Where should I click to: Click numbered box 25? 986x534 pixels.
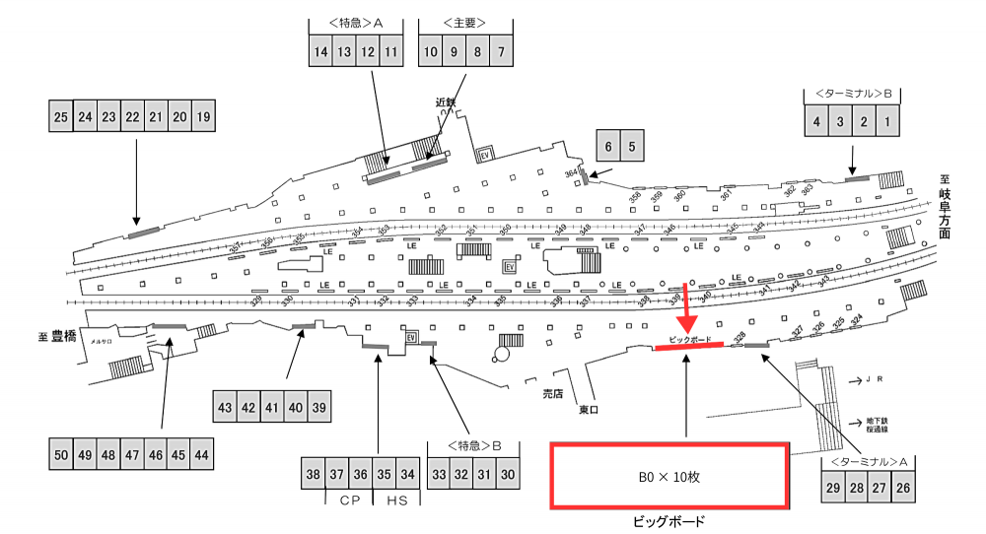pyautogui.click(x=61, y=117)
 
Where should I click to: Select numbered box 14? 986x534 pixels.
pyautogui.click(x=320, y=52)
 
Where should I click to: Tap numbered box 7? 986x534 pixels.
pyautogui.click(x=501, y=52)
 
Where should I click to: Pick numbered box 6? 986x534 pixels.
pyautogui.click(x=607, y=147)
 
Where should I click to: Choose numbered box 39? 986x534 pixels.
pyautogui.click(x=317, y=407)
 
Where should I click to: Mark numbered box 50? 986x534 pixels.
pyautogui.click(x=61, y=454)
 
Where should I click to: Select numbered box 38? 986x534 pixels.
pyautogui.click(x=314, y=475)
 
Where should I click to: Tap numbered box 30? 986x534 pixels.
pyautogui.click(x=508, y=475)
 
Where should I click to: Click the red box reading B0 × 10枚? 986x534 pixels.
pyautogui.click(x=669, y=476)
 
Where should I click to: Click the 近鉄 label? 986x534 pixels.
pyautogui.click(x=446, y=101)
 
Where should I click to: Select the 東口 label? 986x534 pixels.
pyautogui.click(x=589, y=409)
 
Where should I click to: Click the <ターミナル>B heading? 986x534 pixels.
pyautogui.click(x=853, y=94)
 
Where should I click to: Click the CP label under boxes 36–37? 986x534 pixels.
pyautogui.click(x=348, y=501)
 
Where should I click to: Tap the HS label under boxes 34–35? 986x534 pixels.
pyautogui.click(x=396, y=501)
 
